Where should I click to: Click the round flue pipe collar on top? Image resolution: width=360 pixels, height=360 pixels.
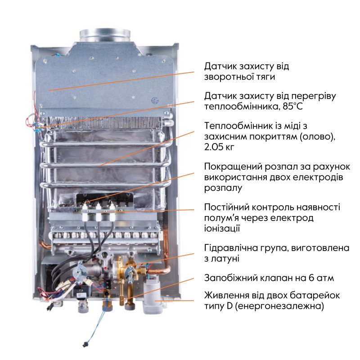click(x=105, y=35)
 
